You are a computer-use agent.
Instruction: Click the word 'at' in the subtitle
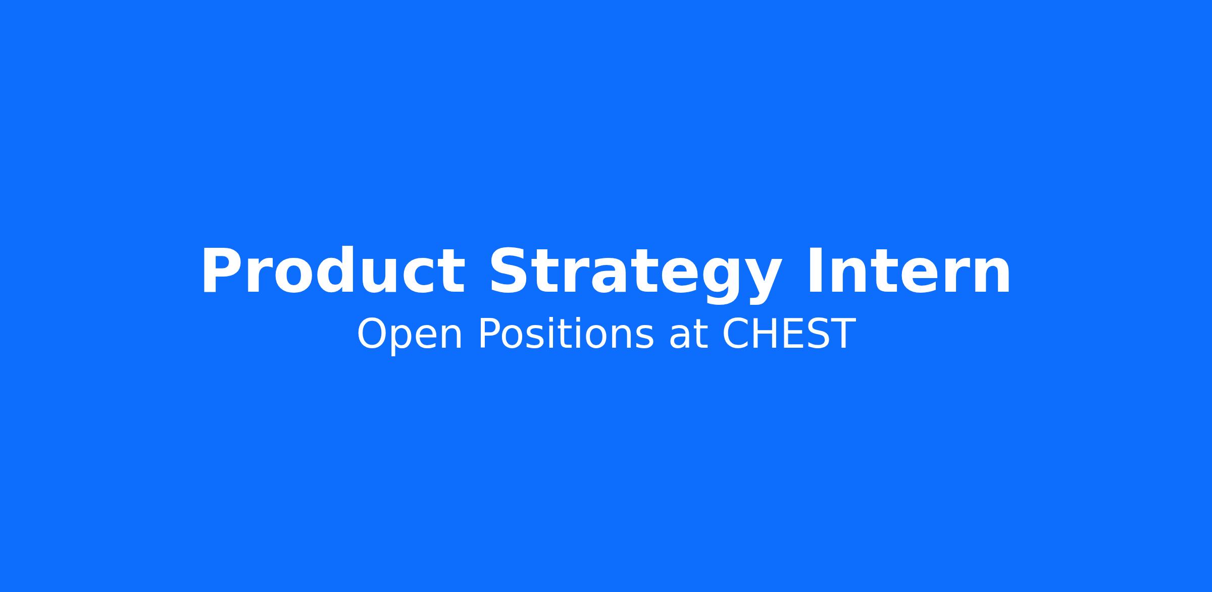(x=688, y=336)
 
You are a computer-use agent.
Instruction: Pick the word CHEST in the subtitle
(x=789, y=334)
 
